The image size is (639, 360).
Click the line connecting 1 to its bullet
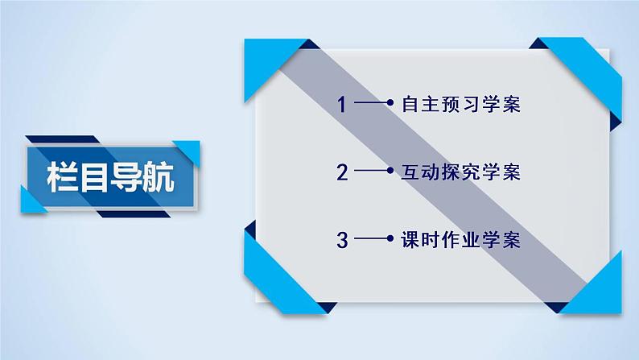(x=370, y=105)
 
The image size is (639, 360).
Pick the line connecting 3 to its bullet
(x=370, y=240)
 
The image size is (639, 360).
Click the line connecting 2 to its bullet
(x=370, y=172)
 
